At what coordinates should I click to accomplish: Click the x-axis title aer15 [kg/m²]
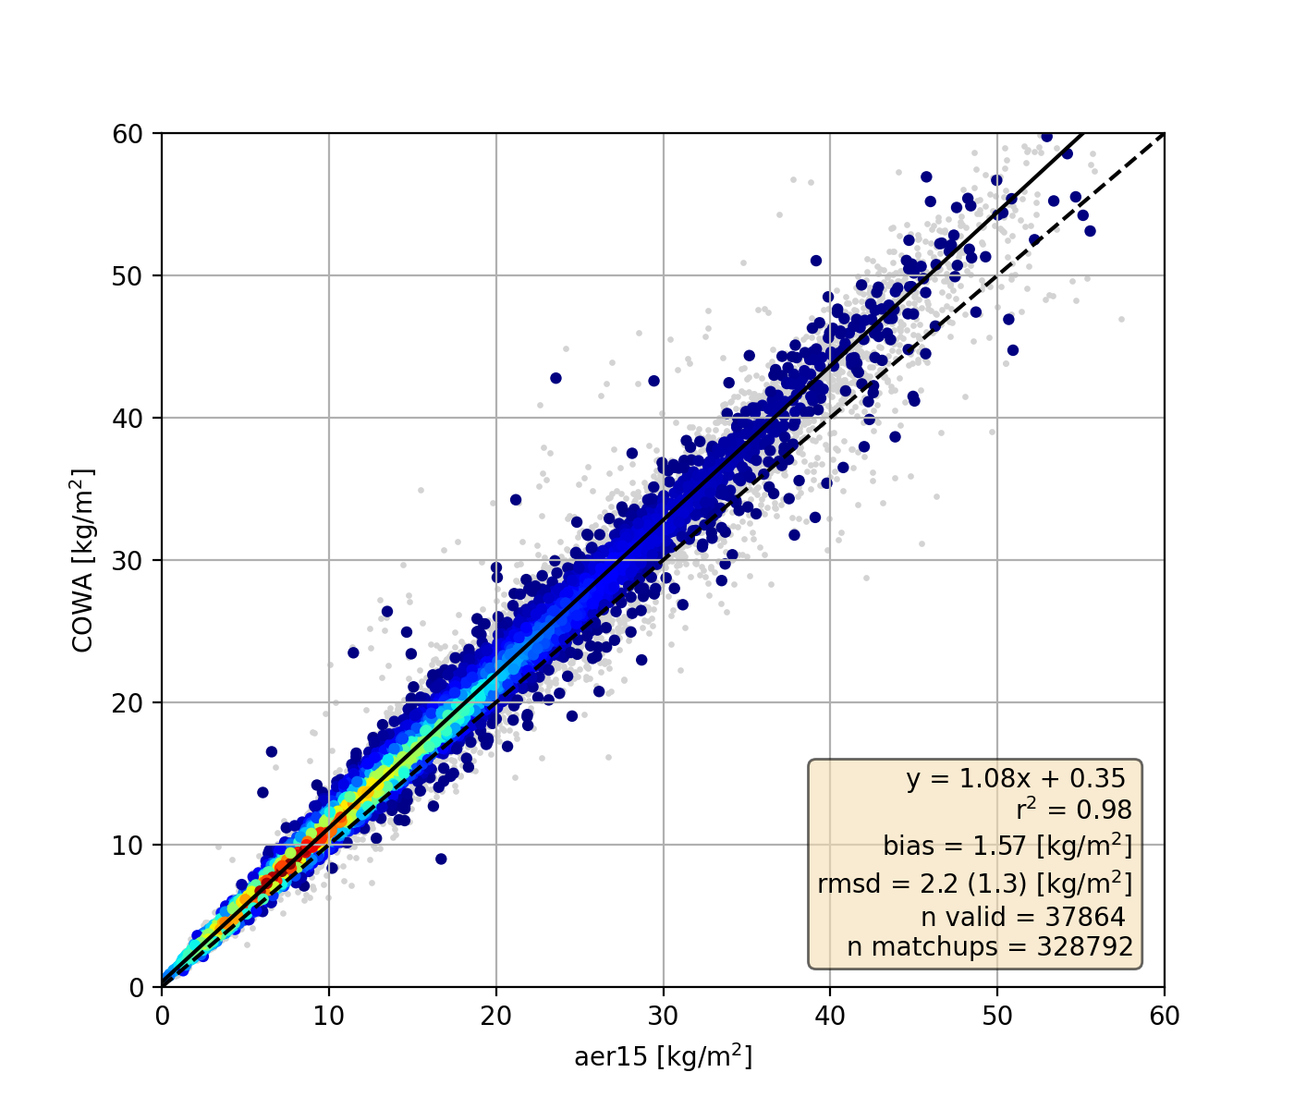point(663,1056)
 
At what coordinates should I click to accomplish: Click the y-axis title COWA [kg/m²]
point(84,560)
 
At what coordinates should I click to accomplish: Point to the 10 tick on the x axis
point(329,1016)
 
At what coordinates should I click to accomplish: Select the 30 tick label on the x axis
point(663,1016)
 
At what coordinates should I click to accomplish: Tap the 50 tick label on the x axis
point(996,1016)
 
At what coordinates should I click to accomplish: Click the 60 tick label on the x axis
point(1164,1016)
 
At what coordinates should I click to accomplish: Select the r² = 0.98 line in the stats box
point(1073,810)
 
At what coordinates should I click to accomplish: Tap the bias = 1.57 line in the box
point(1007,846)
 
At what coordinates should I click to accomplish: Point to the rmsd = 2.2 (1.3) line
point(974,884)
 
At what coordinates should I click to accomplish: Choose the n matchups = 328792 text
point(989,947)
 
